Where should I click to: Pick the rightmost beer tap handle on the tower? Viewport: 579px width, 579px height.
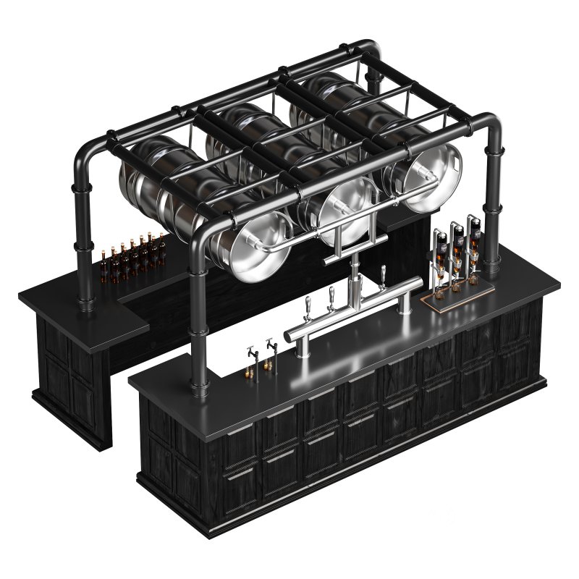coord(383,276)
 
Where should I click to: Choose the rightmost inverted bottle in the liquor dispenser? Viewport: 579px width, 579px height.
coord(474,232)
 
